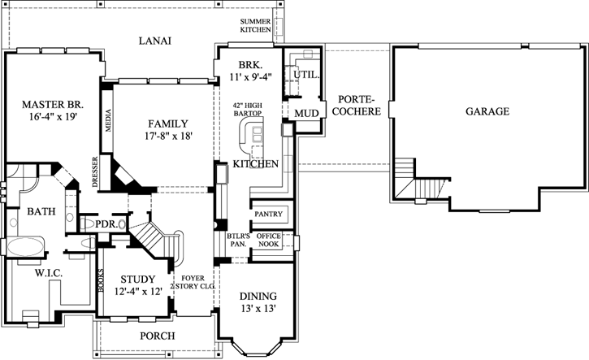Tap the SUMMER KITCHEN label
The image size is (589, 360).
pyautogui.click(x=256, y=25)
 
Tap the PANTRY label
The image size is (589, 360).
pyautogui.click(x=267, y=214)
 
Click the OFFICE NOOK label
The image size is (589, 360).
pyautogui.click(x=268, y=240)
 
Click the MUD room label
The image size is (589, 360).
pyautogui.click(x=305, y=112)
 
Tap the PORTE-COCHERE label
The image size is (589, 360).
pyautogui.click(x=358, y=105)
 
